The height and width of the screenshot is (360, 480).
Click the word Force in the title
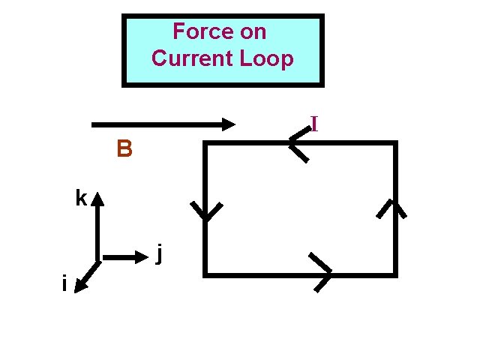pyautogui.click(x=196, y=31)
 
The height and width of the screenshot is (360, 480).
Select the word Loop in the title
pyautogui.click(x=267, y=58)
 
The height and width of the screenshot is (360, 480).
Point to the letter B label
pyautogui.click(x=124, y=150)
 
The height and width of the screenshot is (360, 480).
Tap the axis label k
pyautogui.click(x=80, y=198)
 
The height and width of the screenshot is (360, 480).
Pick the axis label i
pyautogui.click(x=65, y=283)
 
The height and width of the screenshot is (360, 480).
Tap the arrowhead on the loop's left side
pyautogui.click(x=205, y=213)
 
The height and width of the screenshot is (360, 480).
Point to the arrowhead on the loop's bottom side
pyautogui.click(x=325, y=273)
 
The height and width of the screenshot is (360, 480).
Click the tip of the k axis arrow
pyautogui.click(x=98, y=193)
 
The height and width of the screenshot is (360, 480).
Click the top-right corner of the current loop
pyautogui.click(x=394, y=143)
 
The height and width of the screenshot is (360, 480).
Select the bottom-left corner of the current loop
pyautogui.click(x=205, y=274)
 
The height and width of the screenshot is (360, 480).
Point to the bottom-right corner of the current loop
pyautogui.click(x=394, y=274)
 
